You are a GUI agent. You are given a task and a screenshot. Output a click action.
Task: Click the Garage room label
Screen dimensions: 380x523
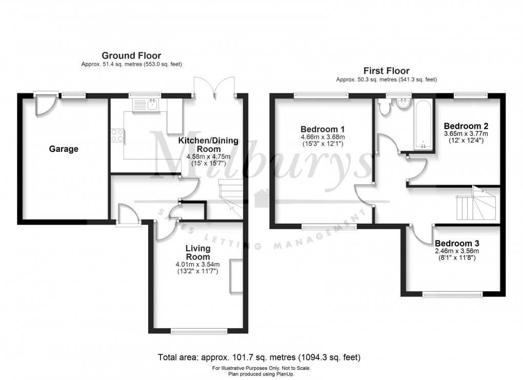(64, 149)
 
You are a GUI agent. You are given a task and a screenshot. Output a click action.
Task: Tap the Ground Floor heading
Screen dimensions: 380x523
(131, 55)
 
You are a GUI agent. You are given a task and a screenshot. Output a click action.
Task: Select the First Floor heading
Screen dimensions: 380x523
(386, 71)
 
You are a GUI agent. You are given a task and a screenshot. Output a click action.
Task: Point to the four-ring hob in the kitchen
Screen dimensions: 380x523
(117, 135)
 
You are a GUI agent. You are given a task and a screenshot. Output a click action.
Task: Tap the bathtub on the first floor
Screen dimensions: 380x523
(423, 125)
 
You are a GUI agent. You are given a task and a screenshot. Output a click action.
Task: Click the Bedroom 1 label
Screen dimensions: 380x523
(322, 129)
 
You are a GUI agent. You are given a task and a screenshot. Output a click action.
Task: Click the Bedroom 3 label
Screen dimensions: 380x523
(457, 243)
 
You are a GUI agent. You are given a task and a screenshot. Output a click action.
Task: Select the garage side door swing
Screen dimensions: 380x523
(43, 105)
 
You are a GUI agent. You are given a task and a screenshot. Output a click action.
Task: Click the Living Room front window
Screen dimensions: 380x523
(199, 332)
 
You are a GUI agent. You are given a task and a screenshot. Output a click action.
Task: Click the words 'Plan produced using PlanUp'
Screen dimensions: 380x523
(261, 373)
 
